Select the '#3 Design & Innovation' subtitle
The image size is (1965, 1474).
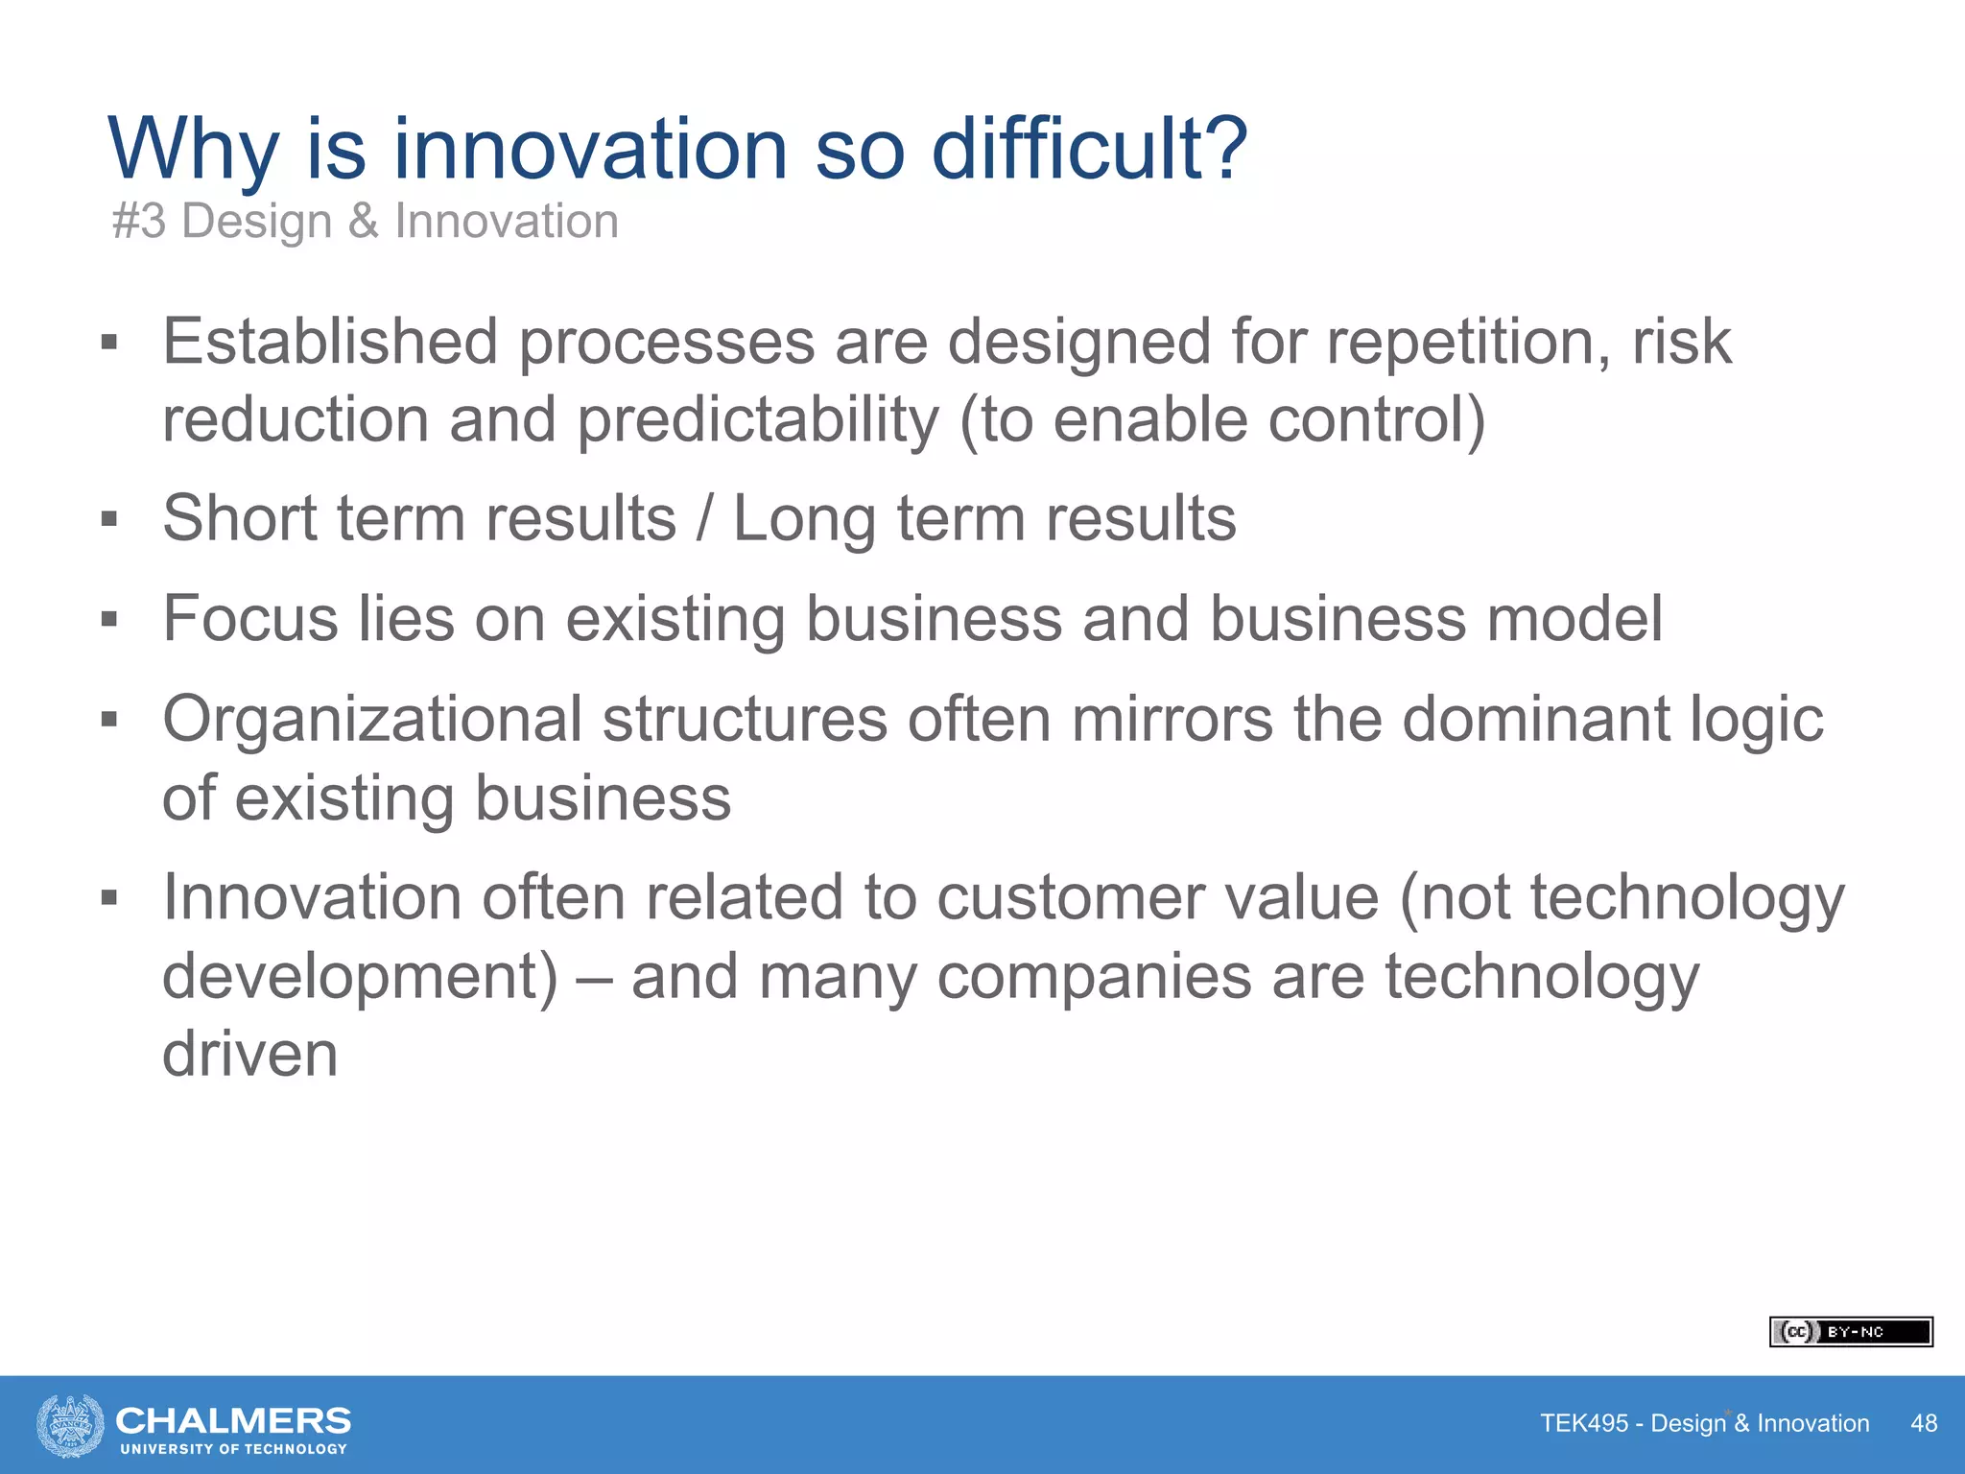(x=365, y=222)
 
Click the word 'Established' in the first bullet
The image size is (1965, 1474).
(x=330, y=342)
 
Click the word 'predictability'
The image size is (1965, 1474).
(x=758, y=420)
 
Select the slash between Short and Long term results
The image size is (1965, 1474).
(x=705, y=519)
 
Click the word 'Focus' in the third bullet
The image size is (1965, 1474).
(x=250, y=619)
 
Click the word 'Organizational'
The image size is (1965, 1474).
(x=371, y=720)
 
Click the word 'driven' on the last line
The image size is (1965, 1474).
(x=249, y=1055)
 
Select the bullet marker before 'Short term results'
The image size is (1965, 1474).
(x=109, y=520)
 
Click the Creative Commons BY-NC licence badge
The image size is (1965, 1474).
(x=1850, y=1332)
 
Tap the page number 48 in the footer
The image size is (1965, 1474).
(x=1923, y=1423)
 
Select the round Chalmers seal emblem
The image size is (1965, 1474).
(x=70, y=1425)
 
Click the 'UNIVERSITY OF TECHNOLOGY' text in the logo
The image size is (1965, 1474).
(x=233, y=1449)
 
